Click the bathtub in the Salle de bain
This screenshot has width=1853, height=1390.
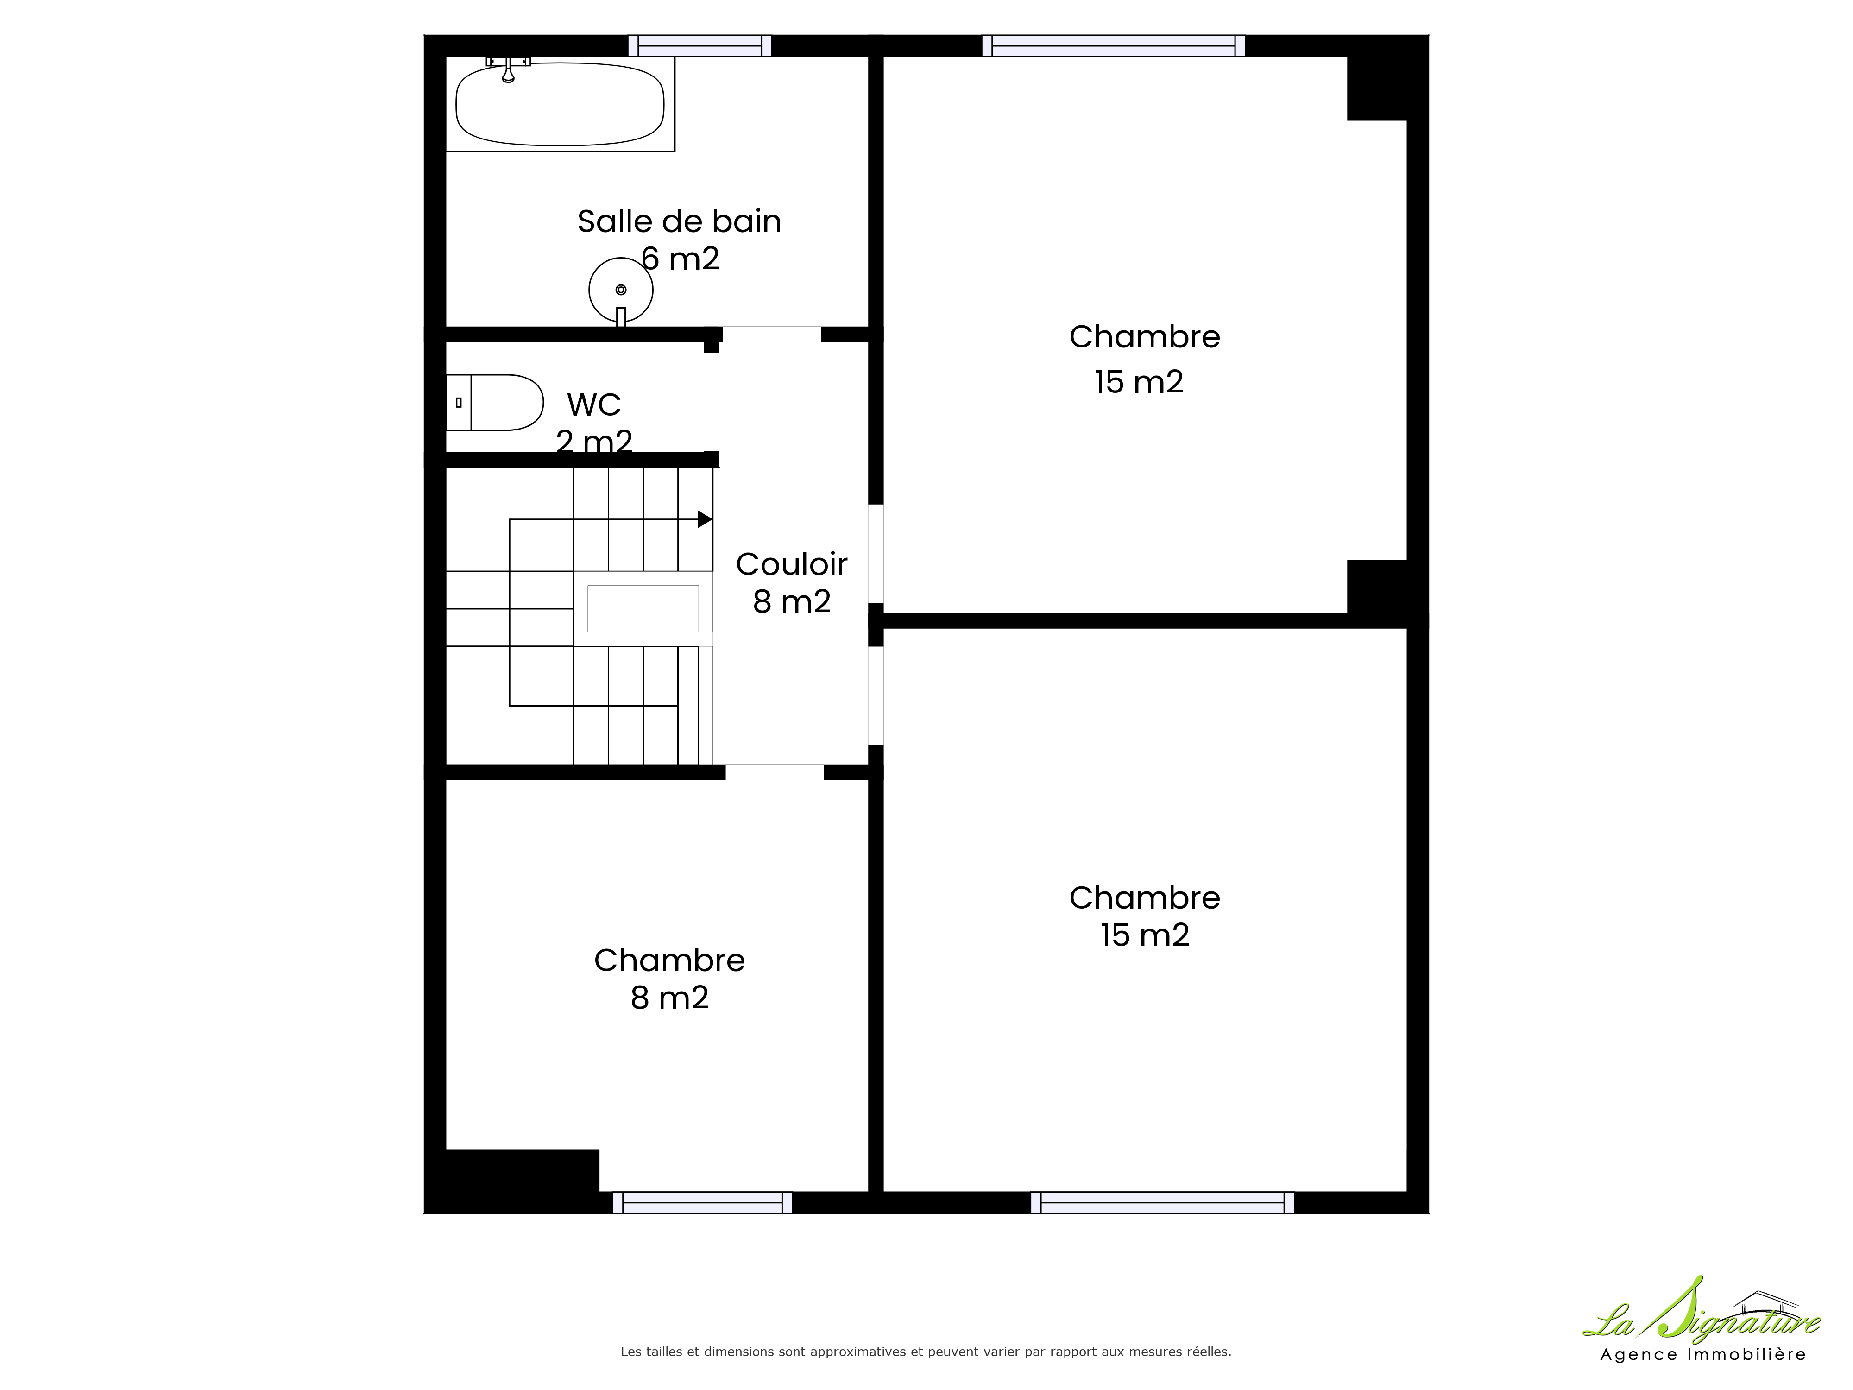560,105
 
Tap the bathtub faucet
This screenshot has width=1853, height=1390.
508,69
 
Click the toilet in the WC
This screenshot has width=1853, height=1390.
494,402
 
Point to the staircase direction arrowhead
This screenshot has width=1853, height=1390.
705,519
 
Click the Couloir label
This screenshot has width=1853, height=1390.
792,565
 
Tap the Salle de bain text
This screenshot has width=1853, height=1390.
680,221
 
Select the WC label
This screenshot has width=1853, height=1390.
594,404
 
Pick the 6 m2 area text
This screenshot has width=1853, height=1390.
680,259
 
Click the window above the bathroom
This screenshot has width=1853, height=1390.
700,46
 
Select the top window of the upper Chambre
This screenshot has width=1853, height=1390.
1113,46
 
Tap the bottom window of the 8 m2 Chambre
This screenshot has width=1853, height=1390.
702,1202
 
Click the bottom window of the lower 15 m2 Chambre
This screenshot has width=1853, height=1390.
1162,1202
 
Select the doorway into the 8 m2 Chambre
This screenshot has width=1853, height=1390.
775,772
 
